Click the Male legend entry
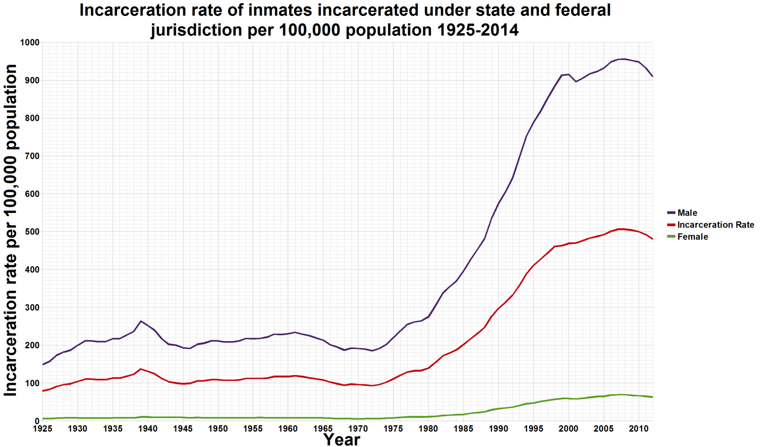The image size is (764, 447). tap(687, 213)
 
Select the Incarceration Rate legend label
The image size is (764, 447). tap(715, 225)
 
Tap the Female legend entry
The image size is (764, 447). tap(692, 237)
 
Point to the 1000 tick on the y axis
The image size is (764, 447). tap(29, 43)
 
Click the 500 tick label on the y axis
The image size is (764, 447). tap(32, 232)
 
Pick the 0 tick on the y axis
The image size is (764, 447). tap(37, 421)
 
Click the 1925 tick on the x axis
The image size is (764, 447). tap(43, 429)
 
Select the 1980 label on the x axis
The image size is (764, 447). tap(428, 429)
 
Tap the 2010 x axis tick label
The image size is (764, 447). tap(639, 429)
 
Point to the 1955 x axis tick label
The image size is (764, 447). tap(253, 429)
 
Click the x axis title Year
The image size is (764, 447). tap(341, 440)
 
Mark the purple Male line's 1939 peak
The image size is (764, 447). tap(141, 321)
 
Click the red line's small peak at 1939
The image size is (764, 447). tap(141, 369)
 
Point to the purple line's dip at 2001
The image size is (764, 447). tap(576, 82)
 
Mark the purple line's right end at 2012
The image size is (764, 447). tap(652, 76)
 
